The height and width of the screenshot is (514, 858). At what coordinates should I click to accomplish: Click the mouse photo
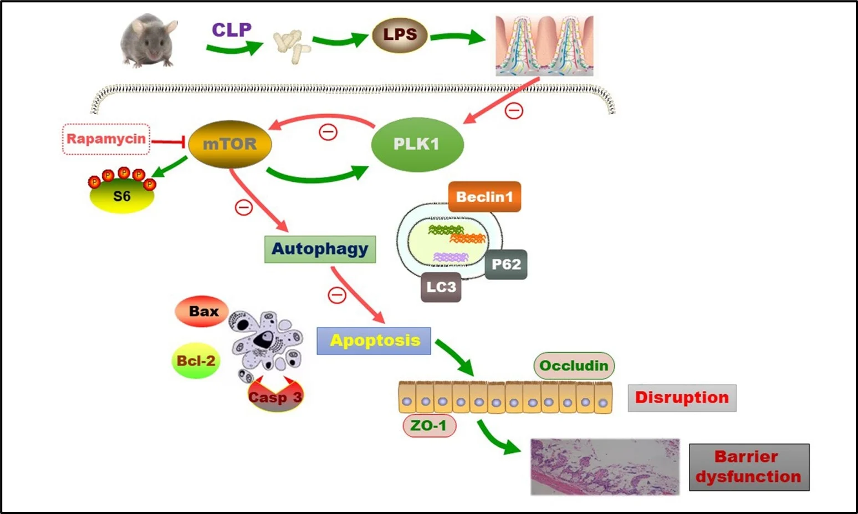tap(148, 40)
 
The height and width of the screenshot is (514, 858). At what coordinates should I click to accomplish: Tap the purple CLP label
tap(231, 29)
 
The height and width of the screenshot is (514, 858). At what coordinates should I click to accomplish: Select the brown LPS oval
tap(400, 34)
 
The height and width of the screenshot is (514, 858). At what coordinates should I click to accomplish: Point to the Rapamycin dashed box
tap(106, 139)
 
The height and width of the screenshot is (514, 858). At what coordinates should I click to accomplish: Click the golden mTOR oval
tap(230, 144)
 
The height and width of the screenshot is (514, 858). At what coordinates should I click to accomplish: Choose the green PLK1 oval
tap(417, 144)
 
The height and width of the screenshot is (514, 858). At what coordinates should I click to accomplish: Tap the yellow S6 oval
tap(122, 196)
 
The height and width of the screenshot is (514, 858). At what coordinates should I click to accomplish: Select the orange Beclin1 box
tap(484, 197)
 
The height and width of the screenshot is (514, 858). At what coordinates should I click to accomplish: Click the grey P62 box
tap(506, 264)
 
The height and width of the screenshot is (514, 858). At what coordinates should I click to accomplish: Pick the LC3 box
tap(441, 287)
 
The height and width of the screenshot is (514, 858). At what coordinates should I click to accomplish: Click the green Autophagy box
tap(320, 249)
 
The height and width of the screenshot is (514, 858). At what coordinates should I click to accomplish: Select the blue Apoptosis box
tap(374, 340)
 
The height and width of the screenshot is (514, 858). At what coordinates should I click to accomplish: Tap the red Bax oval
tap(203, 311)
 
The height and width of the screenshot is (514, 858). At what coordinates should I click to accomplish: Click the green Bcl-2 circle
tap(196, 361)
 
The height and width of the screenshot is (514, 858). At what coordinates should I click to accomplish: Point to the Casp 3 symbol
tap(275, 396)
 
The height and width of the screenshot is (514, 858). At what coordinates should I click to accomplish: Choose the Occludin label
tap(574, 365)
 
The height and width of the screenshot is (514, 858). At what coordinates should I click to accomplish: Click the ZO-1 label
tap(428, 426)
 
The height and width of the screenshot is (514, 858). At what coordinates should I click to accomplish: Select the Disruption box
tap(682, 398)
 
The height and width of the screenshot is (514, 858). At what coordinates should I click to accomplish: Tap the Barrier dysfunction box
tap(749, 467)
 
